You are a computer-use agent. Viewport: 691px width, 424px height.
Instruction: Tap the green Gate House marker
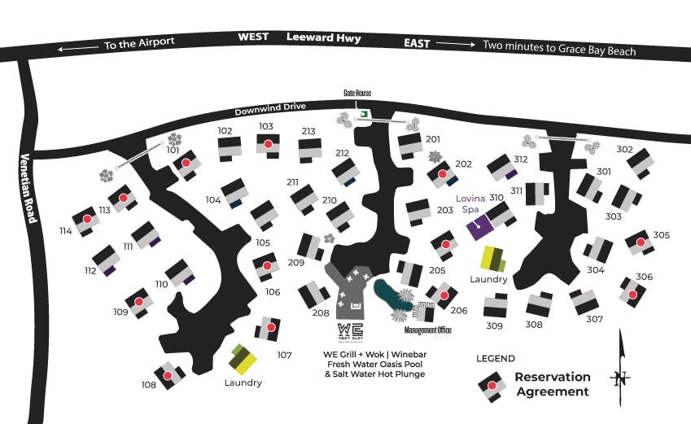[365, 113]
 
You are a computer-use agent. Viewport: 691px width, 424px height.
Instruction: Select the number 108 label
[148, 385]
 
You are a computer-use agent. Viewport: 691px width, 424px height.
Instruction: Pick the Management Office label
[427, 330]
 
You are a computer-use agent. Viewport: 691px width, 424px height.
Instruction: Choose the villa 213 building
[310, 150]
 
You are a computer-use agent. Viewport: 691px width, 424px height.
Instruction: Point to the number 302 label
[624, 149]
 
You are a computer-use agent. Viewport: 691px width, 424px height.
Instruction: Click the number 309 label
[495, 326]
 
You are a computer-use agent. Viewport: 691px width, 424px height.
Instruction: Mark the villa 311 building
[537, 194]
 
